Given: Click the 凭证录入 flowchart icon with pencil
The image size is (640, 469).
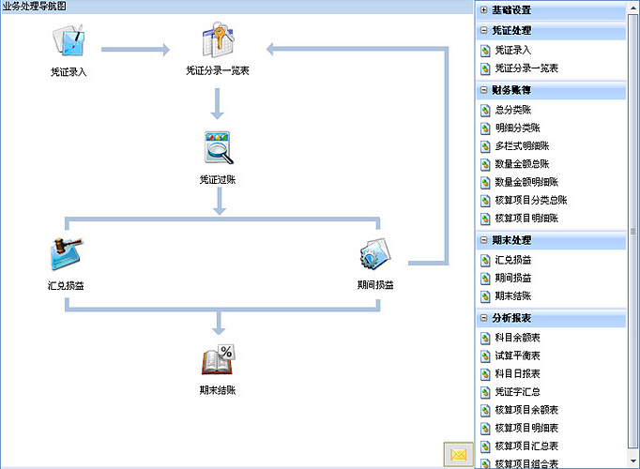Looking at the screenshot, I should (69, 42).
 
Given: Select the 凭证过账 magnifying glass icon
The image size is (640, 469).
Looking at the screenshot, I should (218, 149).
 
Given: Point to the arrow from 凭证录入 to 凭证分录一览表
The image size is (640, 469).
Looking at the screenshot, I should (134, 49).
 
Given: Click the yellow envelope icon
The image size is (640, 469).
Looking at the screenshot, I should (459, 454).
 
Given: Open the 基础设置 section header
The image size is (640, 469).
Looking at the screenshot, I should (510, 10).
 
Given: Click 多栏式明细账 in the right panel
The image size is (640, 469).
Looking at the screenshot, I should (527, 146).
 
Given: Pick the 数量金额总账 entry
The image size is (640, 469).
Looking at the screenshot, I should (527, 164).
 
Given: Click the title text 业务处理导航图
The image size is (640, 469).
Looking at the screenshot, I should (35, 7).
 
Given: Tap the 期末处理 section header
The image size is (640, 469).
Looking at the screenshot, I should (510, 240).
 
